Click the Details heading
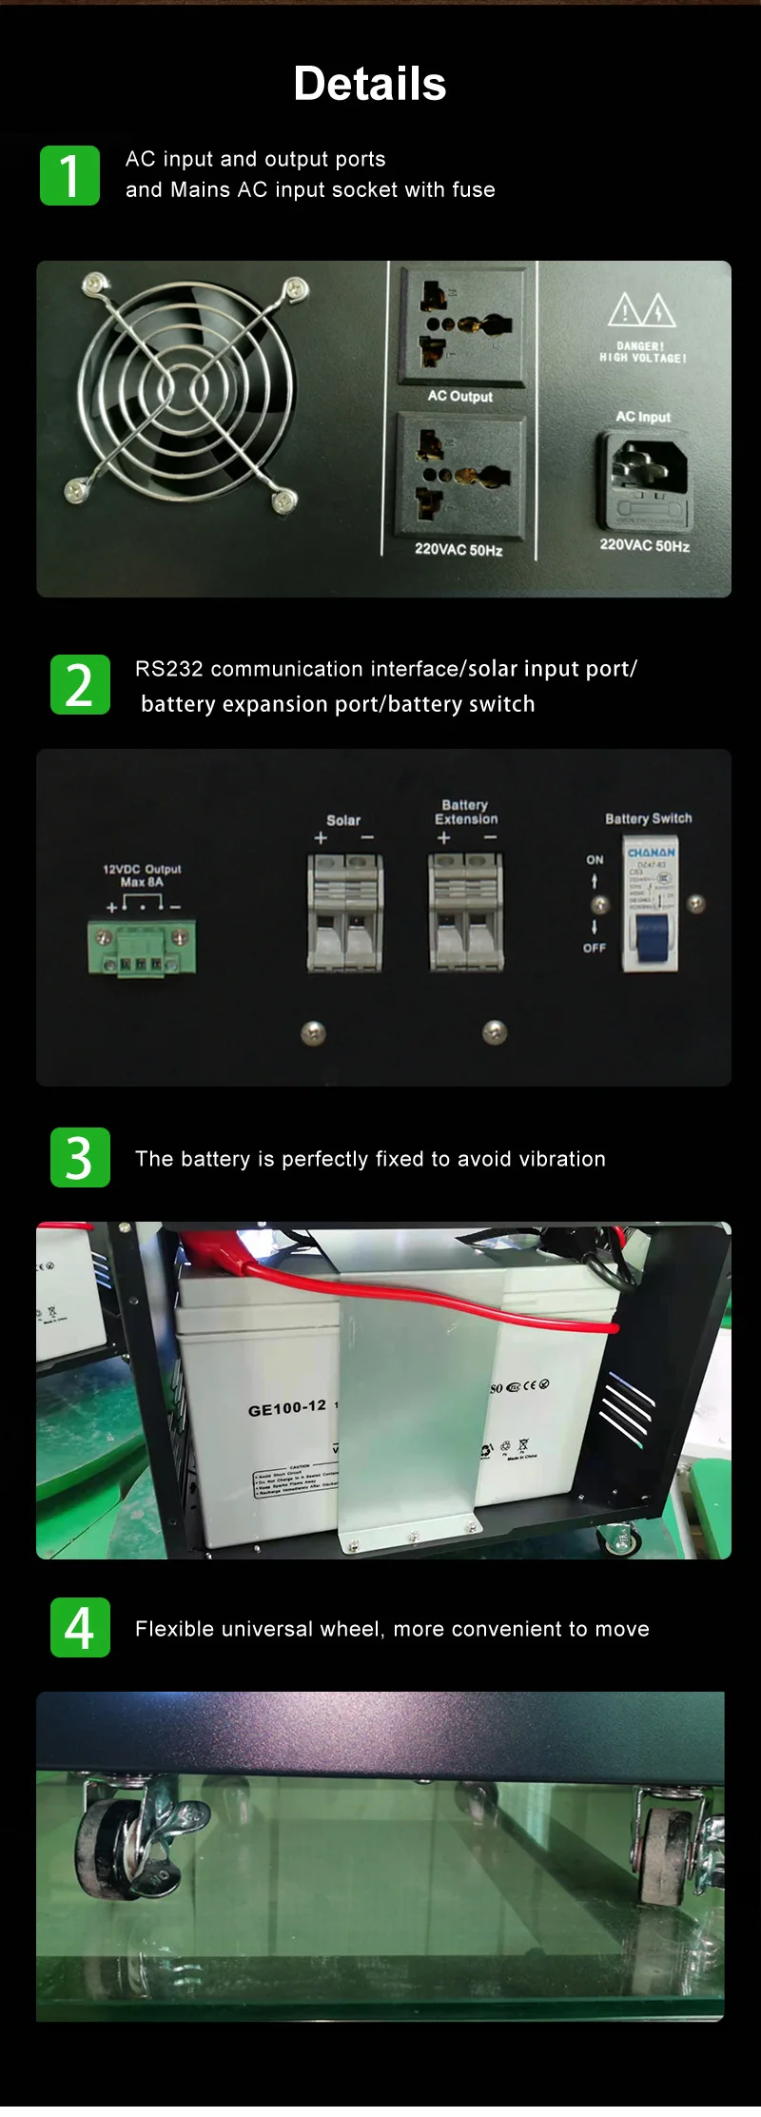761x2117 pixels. pyautogui.click(x=369, y=84)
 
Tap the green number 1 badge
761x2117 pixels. pyautogui.click(x=69, y=175)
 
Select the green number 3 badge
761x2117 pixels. pyautogui.click(x=80, y=1157)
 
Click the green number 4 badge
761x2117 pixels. pyautogui.click(x=80, y=1627)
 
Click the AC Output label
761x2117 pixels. pyautogui.click(x=459, y=396)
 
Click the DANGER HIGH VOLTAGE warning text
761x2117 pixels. pyautogui.click(x=642, y=352)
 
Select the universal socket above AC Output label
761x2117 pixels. pyautogui.click(x=460, y=324)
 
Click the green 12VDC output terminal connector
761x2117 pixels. pyautogui.click(x=143, y=948)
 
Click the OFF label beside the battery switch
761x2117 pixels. pyautogui.click(x=595, y=948)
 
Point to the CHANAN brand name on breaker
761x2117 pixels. pyautogui.click(x=651, y=853)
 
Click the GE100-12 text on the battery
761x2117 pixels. pyautogui.click(x=286, y=1407)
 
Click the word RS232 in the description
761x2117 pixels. pyautogui.click(x=168, y=669)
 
